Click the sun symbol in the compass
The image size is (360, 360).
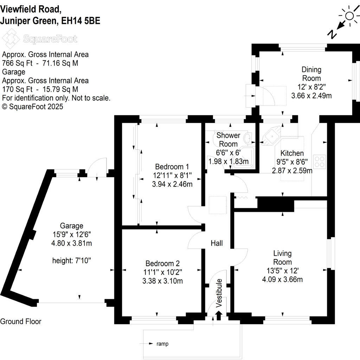349,16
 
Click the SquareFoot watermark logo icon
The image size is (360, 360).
11,39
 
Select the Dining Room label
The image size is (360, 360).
311,74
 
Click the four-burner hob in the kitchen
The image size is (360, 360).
320,162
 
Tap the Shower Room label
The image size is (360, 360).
228,140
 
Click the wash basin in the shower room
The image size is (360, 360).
248,138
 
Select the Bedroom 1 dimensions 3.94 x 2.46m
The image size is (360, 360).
172,184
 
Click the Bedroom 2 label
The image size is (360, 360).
162,263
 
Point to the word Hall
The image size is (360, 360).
217,243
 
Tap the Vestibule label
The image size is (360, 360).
219,293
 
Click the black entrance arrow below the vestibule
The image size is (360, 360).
218,315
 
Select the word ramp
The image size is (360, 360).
162,344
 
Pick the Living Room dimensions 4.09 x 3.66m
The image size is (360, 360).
282,279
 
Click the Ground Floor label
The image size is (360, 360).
21,321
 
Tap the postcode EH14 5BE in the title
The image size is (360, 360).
81,21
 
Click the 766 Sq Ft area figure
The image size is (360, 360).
17,63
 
